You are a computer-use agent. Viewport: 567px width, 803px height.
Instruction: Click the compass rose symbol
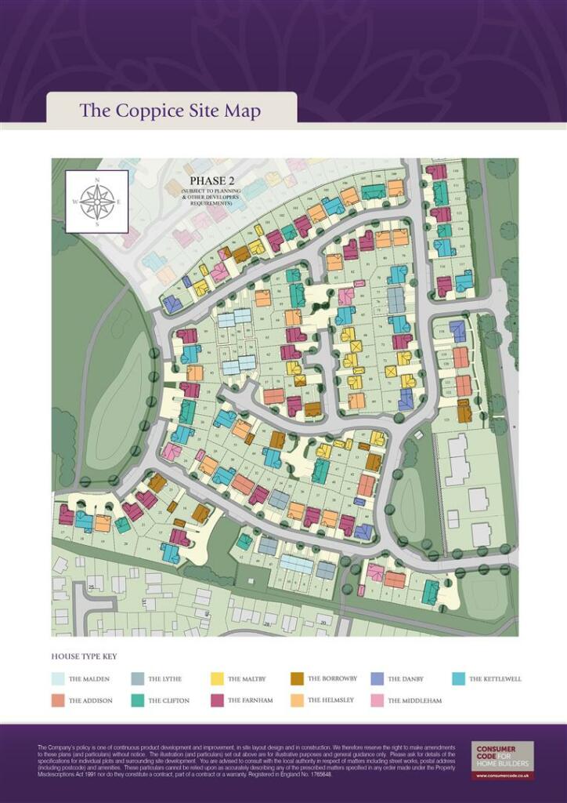[97, 202]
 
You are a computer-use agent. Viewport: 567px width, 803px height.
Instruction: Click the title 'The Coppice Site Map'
[170, 111]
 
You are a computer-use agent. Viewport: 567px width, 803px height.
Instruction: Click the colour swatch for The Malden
[59, 679]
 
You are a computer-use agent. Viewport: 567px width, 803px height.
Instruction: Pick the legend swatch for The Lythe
[138, 679]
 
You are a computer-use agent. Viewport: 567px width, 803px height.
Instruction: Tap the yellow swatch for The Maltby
[218, 679]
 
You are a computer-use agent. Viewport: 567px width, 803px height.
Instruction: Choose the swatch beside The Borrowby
[298, 679]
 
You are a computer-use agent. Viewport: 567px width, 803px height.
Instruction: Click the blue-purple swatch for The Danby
[377, 679]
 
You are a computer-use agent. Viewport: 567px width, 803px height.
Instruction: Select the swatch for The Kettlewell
[459, 679]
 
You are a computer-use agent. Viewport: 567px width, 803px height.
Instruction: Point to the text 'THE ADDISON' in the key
[91, 700]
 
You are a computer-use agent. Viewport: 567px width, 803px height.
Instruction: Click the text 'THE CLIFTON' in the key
[169, 700]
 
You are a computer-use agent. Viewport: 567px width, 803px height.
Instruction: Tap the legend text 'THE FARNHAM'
[250, 700]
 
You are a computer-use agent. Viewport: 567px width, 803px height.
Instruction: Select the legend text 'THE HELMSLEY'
[330, 700]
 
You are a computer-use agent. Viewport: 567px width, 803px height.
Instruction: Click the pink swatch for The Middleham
[377, 700]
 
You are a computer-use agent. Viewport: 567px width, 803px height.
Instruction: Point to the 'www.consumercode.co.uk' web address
[502, 776]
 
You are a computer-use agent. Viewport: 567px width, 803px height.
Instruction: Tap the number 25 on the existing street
[92, 587]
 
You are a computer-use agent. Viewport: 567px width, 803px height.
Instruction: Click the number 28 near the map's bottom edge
[267, 624]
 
